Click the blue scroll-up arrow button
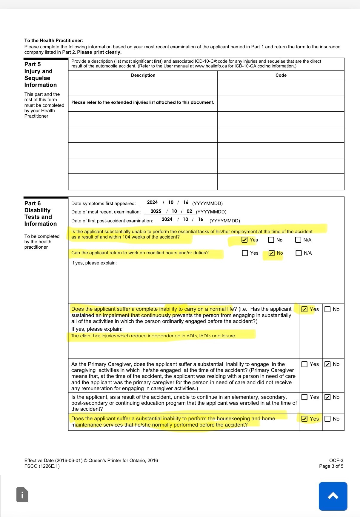tap(333, 496)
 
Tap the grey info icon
tap(22, 495)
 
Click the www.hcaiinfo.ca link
tap(210, 66)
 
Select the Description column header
tap(143, 75)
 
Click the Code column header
tap(281, 75)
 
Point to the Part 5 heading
tap(33, 64)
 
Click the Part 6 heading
tap(33, 203)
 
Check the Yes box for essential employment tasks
tap(244, 240)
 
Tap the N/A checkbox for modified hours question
tap(299, 253)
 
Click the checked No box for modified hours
tap(272, 253)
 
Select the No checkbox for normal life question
tap(327, 309)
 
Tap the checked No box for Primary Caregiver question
tap(327, 364)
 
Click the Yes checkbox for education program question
tap(304, 397)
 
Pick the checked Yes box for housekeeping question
tap(304, 419)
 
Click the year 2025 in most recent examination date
tap(156, 211)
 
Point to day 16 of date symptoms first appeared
tap(186, 202)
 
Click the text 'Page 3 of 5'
tap(331, 466)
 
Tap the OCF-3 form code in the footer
tap(336, 460)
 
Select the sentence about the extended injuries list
tap(143, 102)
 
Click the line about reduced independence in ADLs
tap(154, 336)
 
